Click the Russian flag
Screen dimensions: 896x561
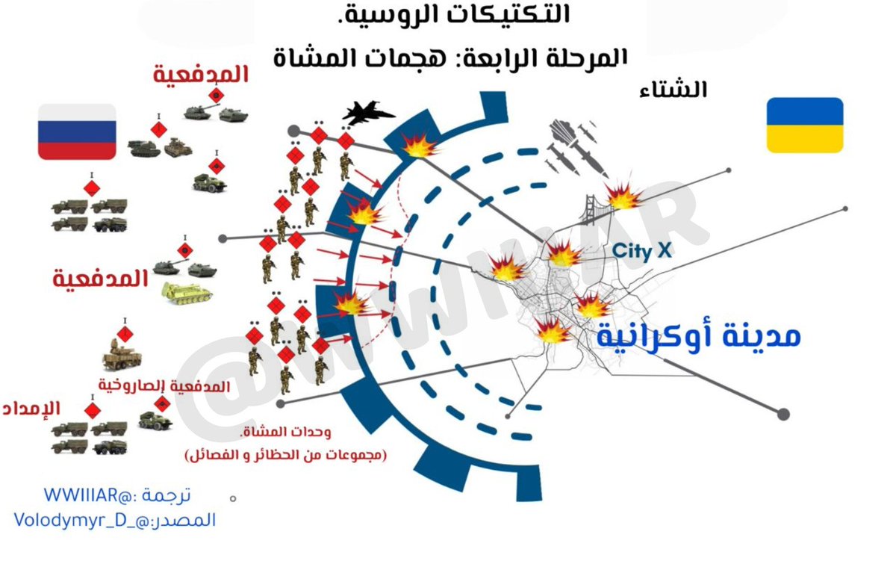click(x=77, y=131)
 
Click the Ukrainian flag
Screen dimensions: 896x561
click(x=805, y=125)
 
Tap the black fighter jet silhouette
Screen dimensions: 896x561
click(x=368, y=114)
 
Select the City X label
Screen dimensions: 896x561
click(x=642, y=251)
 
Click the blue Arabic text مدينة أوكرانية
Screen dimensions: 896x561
click(x=698, y=336)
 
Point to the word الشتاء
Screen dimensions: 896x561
click(x=674, y=90)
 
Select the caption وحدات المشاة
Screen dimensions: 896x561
click(x=285, y=433)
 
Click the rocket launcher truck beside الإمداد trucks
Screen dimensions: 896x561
click(x=156, y=421)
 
